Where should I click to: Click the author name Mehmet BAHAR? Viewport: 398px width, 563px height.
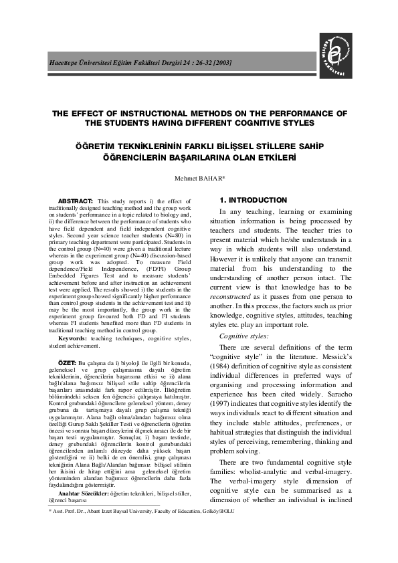tap(199, 179)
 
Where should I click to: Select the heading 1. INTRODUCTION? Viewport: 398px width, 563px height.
tap(254, 200)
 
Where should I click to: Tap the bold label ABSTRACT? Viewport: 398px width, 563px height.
tap(76, 201)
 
